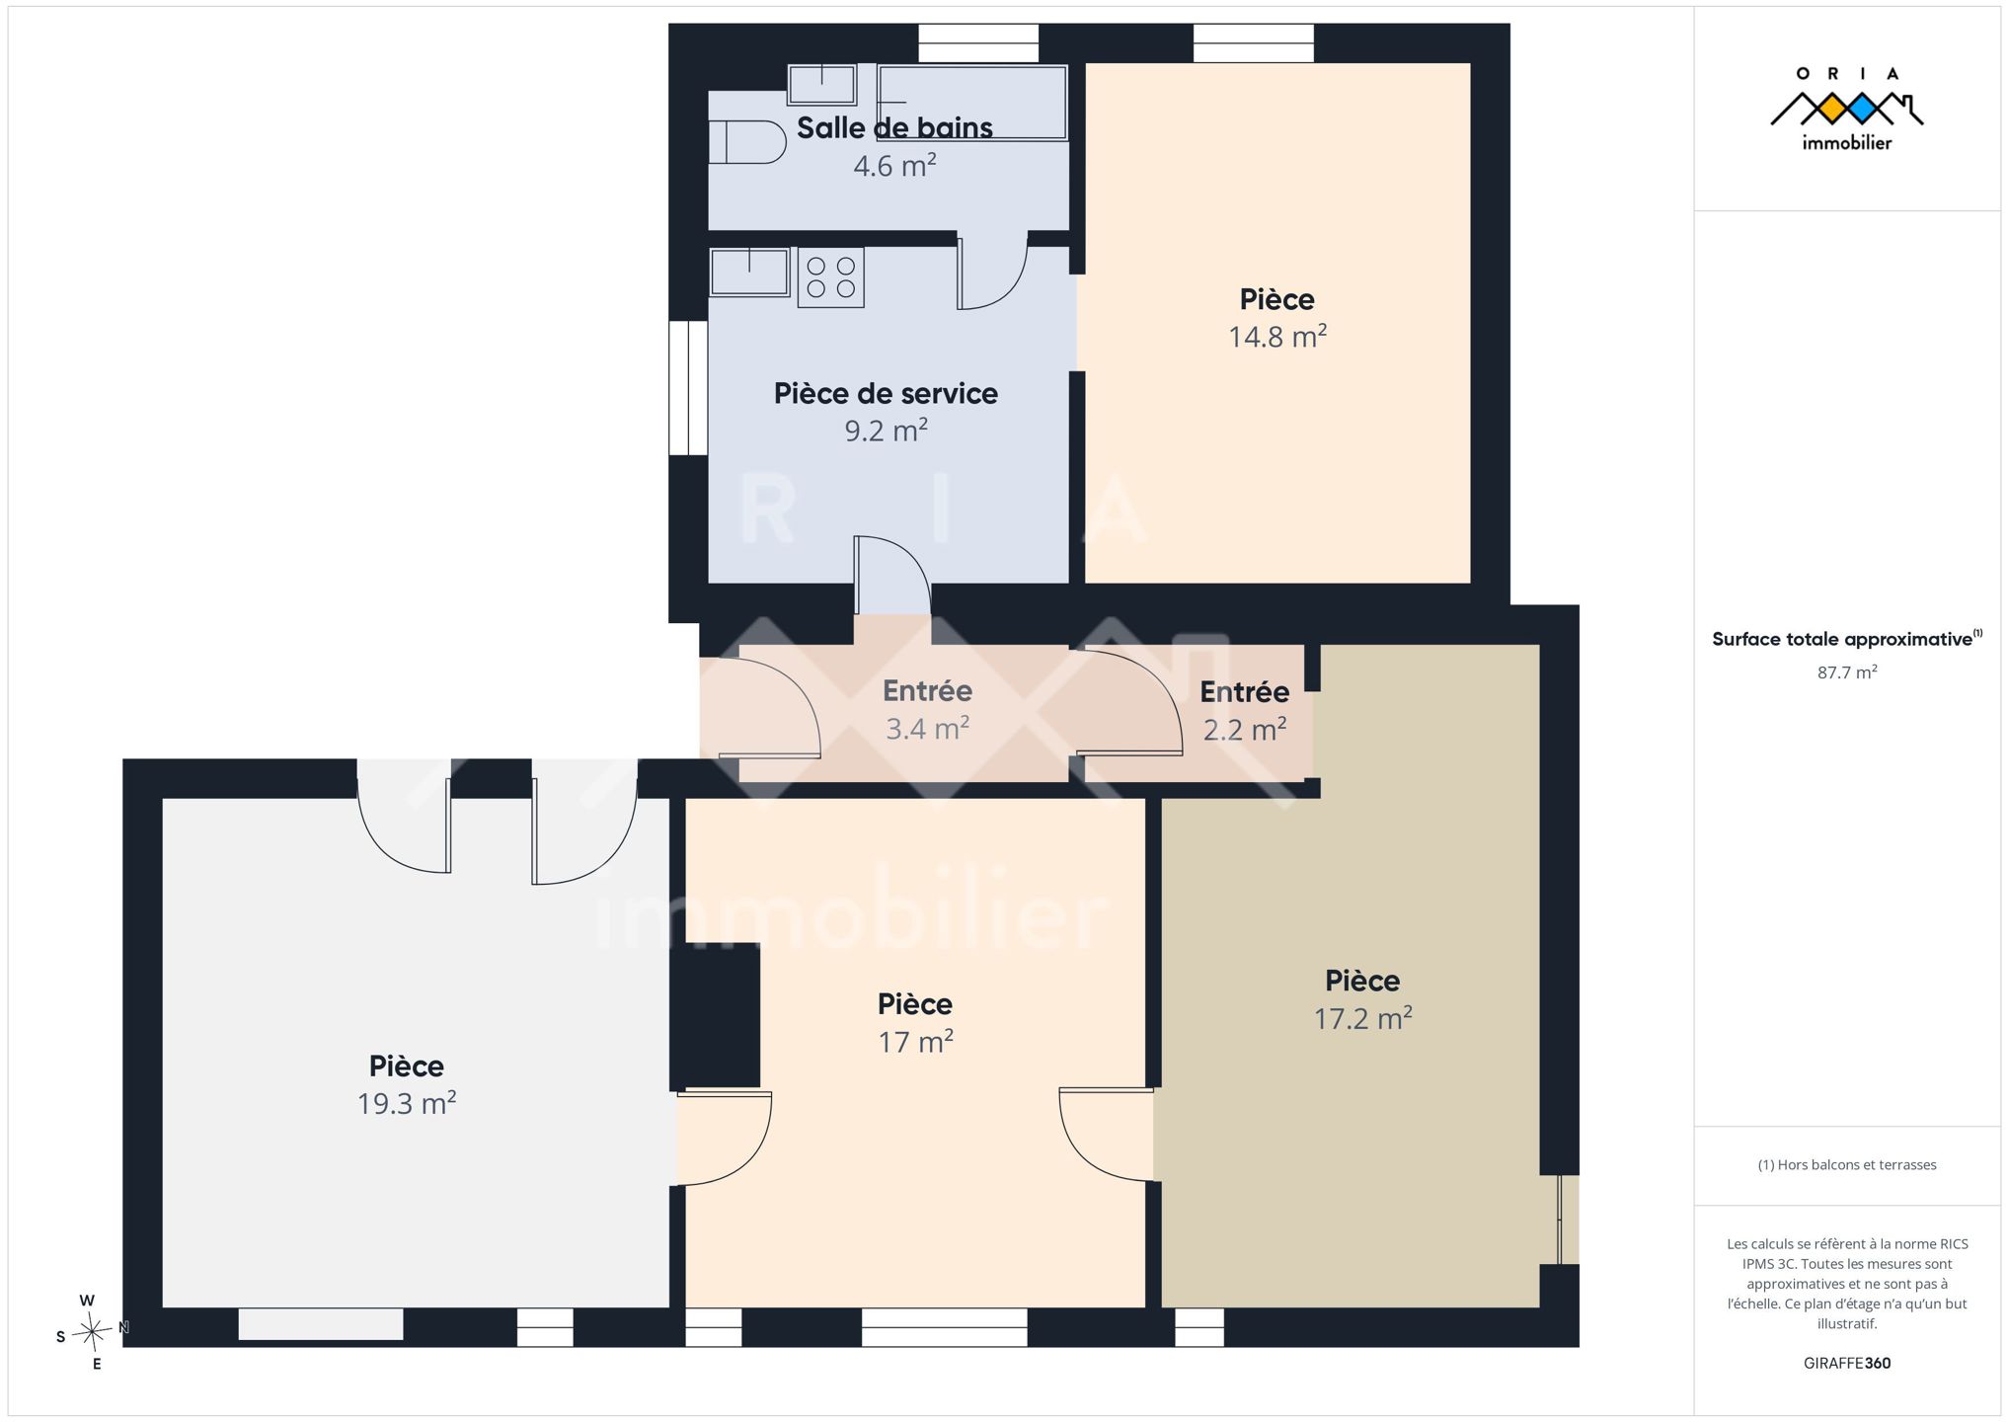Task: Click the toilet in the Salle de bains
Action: (x=747, y=142)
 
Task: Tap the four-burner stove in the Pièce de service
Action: (x=830, y=277)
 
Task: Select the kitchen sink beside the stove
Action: (x=749, y=272)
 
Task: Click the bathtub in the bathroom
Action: (x=972, y=102)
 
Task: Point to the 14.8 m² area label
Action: (x=1276, y=337)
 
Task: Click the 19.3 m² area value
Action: (x=406, y=1103)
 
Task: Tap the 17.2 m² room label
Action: (x=1362, y=1018)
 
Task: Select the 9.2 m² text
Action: (x=886, y=431)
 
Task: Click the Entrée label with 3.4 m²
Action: (x=927, y=690)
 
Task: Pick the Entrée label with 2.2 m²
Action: (x=1244, y=691)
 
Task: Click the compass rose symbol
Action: (x=92, y=1332)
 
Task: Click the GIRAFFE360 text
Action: (x=1847, y=1363)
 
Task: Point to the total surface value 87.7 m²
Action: (x=1847, y=672)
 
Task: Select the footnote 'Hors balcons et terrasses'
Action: (x=1847, y=1165)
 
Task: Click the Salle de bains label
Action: (x=894, y=127)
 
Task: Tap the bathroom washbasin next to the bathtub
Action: (x=821, y=84)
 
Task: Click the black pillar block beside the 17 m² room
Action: (x=716, y=1016)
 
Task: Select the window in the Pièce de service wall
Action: (x=688, y=388)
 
